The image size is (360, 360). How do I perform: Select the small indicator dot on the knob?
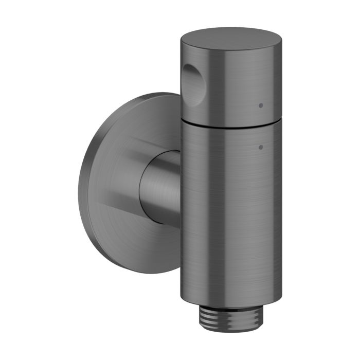pyautogui.click(x=261, y=105)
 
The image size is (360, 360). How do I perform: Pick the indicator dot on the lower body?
pyautogui.click(x=261, y=147)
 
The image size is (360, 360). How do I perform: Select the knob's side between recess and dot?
pyautogui.click(x=226, y=87)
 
